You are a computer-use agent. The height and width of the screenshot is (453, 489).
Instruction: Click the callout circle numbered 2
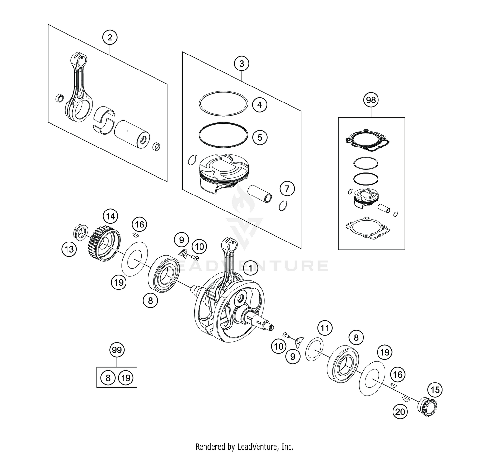point(110,38)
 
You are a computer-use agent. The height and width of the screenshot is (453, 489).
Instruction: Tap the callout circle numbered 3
point(241,64)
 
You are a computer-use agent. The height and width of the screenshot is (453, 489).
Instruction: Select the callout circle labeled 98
point(371,100)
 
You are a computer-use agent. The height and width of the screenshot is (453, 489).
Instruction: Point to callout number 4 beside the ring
point(259,105)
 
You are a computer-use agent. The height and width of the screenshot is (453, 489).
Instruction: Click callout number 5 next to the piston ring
point(259,137)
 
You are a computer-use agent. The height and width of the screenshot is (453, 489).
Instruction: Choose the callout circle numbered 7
point(287,188)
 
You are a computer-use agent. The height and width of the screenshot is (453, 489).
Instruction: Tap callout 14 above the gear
point(111,216)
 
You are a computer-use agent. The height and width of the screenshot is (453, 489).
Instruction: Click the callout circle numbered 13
point(69,250)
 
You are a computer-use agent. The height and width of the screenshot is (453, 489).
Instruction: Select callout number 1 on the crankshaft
point(250,268)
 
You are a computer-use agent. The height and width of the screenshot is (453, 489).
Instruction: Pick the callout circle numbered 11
point(324,328)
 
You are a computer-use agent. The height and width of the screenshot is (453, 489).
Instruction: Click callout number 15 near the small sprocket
point(435,390)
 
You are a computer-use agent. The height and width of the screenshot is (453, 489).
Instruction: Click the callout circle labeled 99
point(117,350)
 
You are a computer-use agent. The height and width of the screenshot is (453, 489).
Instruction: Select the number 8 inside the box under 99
point(108,378)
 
